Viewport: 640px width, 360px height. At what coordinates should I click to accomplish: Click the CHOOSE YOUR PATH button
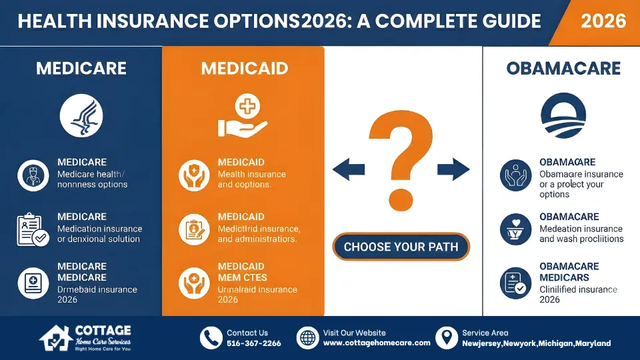(401, 247)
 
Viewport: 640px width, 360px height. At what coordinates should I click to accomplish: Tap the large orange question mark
(401, 159)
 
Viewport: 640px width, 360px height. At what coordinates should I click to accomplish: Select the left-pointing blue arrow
(348, 169)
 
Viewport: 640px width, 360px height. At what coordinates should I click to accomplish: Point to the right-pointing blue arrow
(454, 169)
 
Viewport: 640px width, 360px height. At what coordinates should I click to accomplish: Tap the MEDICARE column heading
(81, 69)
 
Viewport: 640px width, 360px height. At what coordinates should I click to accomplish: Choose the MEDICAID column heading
(244, 69)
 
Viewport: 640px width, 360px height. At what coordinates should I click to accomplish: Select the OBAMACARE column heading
(563, 69)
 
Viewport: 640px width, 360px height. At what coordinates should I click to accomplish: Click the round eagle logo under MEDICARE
(81, 115)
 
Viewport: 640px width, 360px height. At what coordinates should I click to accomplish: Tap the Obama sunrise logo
(563, 115)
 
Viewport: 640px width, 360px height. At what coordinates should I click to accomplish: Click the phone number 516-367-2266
(254, 343)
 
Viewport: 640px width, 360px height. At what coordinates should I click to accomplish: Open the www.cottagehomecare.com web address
(377, 343)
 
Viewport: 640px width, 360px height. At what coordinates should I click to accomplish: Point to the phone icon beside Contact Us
(211, 337)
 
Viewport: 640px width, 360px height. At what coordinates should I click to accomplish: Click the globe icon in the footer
(307, 337)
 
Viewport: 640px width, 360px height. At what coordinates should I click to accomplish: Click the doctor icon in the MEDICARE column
(33, 175)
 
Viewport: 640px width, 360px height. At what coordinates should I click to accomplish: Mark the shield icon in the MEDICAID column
(194, 175)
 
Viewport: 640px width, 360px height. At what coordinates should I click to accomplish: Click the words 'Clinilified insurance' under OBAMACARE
(578, 289)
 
